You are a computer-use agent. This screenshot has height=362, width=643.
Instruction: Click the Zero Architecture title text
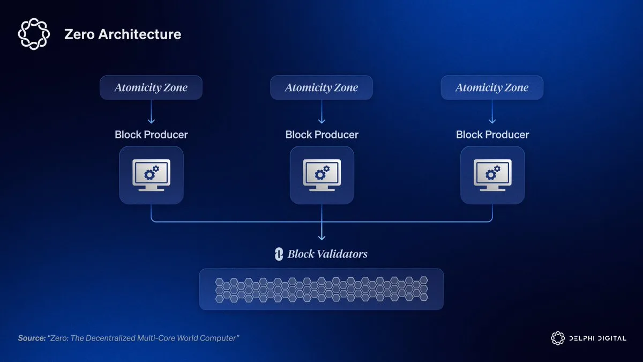pyautogui.click(x=122, y=35)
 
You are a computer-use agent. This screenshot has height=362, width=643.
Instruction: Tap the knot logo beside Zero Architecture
pyautogui.click(x=34, y=34)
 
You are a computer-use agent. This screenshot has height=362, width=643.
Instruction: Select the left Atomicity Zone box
pyautogui.click(x=151, y=87)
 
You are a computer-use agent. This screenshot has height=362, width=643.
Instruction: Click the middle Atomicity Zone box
pyautogui.click(x=322, y=87)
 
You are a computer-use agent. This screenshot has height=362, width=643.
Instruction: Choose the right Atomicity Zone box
pyautogui.click(x=492, y=87)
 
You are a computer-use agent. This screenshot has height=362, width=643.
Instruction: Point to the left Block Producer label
pyautogui.click(x=151, y=135)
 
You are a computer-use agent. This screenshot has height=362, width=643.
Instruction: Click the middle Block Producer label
pyautogui.click(x=322, y=135)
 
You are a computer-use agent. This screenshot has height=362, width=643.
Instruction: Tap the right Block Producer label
pyautogui.click(x=492, y=135)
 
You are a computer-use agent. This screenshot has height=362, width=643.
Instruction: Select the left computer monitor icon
pyautogui.click(x=151, y=175)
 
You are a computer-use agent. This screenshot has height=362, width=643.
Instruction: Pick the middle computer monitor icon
pyautogui.click(x=322, y=175)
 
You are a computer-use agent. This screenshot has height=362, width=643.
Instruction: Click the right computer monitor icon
pyautogui.click(x=492, y=175)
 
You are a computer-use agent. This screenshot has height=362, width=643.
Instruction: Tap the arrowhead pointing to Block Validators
pyautogui.click(x=322, y=237)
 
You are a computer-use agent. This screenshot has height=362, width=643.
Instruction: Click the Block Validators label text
pyautogui.click(x=327, y=254)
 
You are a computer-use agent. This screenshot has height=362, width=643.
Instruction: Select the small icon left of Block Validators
pyautogui.click(x=279, y=254)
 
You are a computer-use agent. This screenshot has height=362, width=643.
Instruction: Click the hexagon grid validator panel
pyautogui.click(x=322, y=289)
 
